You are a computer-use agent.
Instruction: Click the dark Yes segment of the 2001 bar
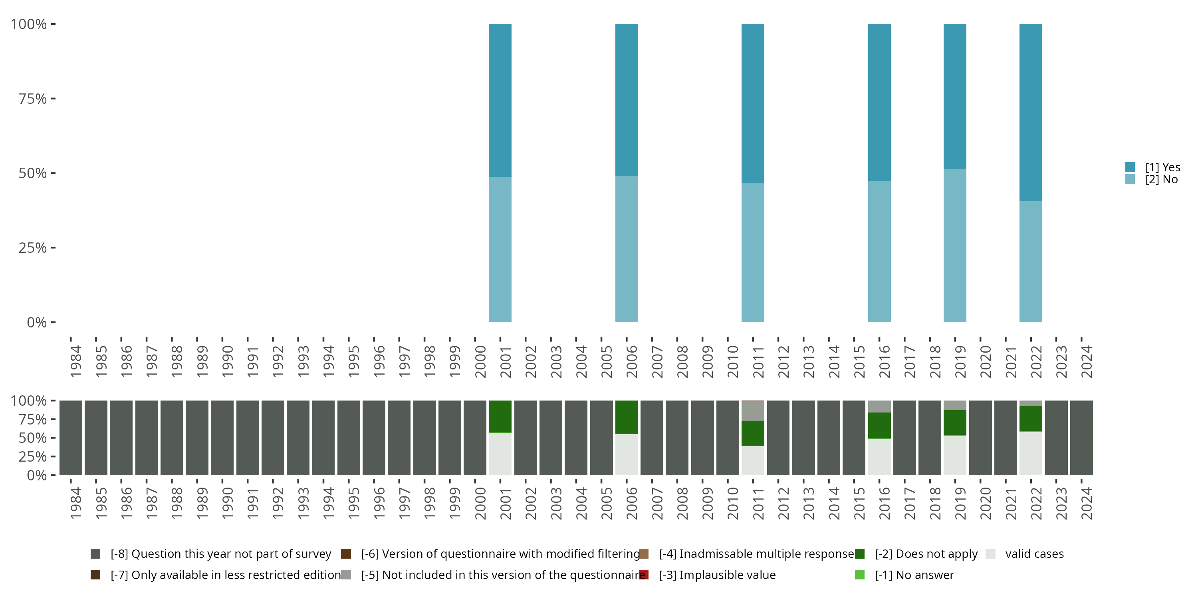[500, 100]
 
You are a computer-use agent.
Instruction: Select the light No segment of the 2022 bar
[1031, 262]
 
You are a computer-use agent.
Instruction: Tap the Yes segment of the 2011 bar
[752, 103]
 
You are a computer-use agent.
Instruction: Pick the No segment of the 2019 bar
[955, 246]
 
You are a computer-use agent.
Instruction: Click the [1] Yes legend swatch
[1130, 167]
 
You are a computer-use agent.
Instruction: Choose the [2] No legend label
[1161, 180]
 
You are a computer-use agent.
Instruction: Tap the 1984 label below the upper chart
[76, 361]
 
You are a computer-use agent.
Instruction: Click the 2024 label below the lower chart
[1086, 503]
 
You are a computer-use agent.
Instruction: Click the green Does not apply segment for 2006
[627, 417]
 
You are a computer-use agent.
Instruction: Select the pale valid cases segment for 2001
[500, 454]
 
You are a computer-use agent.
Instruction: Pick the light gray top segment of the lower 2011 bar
[752, 411]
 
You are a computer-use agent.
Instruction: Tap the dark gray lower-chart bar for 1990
[222, 438]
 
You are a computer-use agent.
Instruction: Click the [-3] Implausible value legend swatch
[644, 575]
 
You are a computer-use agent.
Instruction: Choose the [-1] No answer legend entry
[914, 575]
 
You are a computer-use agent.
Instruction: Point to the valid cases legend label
[1034, 554]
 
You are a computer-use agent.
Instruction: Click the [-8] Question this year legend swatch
[95, 554]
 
